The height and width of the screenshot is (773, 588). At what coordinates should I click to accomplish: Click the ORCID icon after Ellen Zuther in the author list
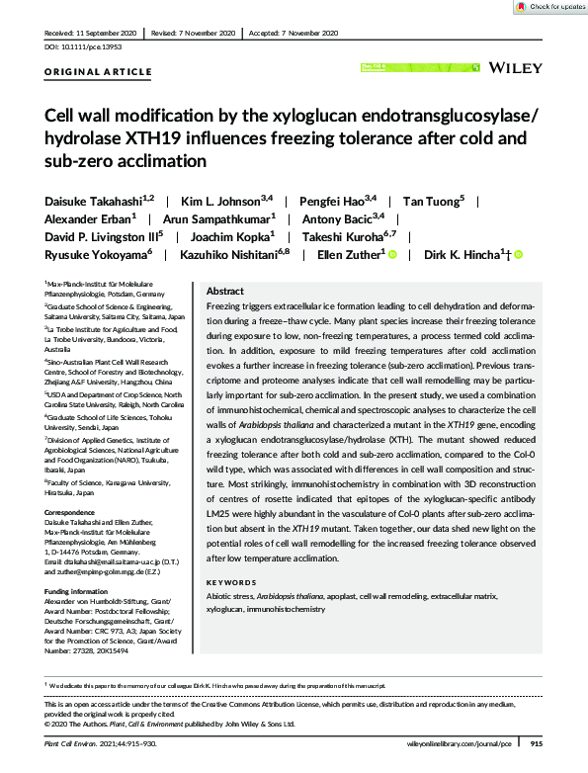(392, 255)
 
